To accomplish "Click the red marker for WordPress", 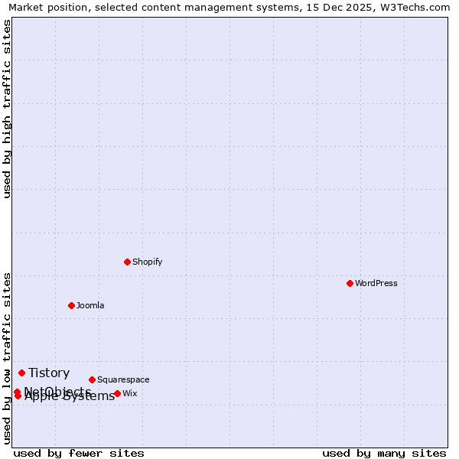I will (350, 283).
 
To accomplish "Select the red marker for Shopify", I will (127, 262).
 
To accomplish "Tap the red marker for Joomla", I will (71, 305).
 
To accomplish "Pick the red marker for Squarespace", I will (92, 379).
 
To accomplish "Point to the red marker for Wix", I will (117, 393).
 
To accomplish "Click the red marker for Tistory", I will (21, 373).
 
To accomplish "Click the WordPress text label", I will (376, 284).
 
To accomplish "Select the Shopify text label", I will (148, 262).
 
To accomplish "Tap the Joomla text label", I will (90, 306).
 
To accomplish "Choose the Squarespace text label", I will (123, 380).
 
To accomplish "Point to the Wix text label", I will (130, 394).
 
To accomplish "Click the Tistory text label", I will (49, 373).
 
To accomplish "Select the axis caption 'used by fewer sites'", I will (79, 453).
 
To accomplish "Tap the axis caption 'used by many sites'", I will (384, 453).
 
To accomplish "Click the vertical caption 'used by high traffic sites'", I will (7, 109).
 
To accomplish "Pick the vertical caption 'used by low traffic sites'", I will (7, 358).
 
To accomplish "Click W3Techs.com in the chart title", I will (420, 8).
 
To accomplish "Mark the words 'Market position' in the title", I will (43, 8).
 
